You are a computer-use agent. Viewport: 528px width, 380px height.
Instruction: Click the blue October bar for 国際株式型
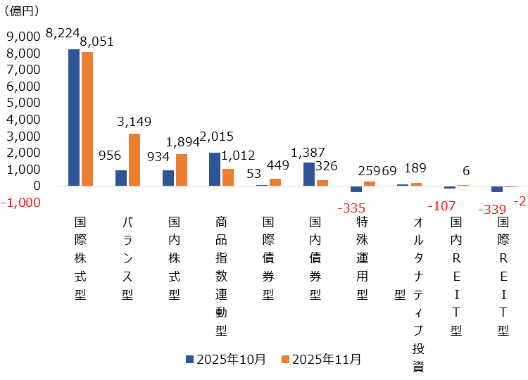point(74,118)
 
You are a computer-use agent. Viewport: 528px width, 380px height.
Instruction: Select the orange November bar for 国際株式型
point(87,119)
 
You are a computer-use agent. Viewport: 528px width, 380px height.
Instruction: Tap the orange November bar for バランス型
point(134,160)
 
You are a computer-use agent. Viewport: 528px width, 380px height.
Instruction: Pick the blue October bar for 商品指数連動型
point(215,169)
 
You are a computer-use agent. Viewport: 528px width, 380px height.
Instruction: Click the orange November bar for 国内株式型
point(182,170)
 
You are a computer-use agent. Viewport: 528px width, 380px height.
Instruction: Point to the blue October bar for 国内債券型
point(308,174)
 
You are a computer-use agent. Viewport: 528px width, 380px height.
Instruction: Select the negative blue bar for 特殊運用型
point(356,189)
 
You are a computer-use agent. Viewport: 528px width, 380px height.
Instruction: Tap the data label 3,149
point(134,122)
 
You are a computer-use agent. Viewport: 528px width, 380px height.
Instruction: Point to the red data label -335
point(353,209)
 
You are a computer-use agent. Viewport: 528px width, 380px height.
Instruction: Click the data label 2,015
point(217,137)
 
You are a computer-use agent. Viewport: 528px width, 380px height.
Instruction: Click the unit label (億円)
point(23,11)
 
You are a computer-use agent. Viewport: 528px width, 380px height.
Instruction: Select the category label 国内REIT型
point(456,275)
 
